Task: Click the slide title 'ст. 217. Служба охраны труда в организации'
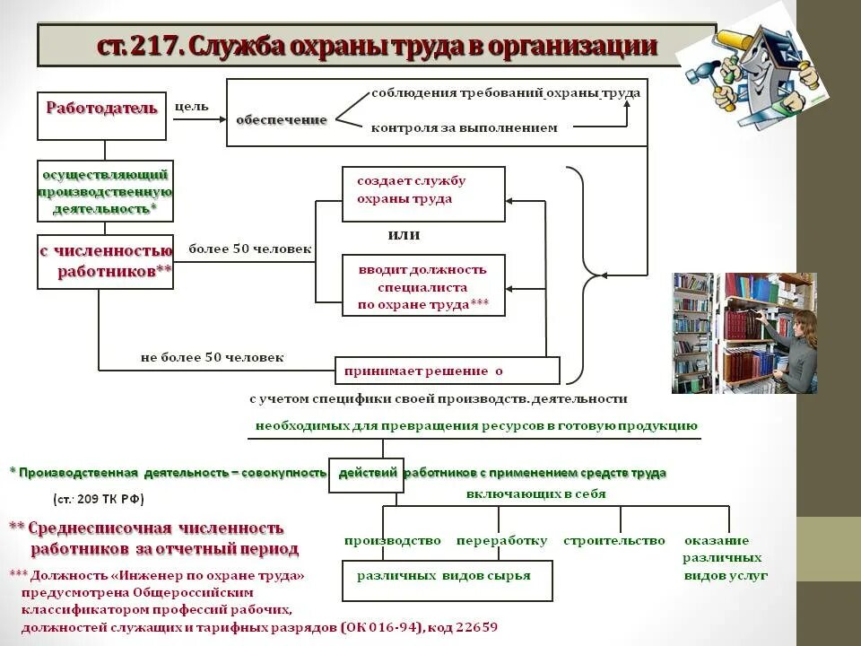pos(377,46)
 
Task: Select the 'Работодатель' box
pos(101,114)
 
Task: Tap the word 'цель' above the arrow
pos(191,107)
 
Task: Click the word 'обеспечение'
pos(281,119)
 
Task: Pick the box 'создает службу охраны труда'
pos(423,193)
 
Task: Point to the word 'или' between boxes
pos(404,235)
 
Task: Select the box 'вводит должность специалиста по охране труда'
pos(423,285)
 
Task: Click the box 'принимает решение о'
pos(447,370)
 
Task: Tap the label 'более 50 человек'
pos(249,249)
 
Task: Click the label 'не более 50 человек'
pos(212,357)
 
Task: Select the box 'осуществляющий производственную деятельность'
pos(105,190)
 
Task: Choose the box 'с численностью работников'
pos(105,261)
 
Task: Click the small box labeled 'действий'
pos(366,474)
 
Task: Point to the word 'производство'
pos(392,540)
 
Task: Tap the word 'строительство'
pos(613,540)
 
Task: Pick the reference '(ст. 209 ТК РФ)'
pos(99,499)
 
